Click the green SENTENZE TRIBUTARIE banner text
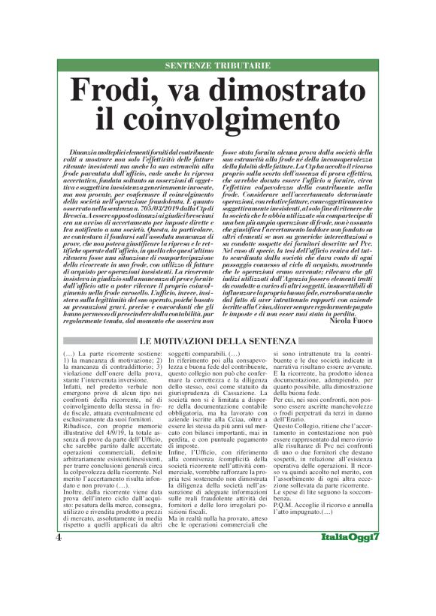coord(218,66)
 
